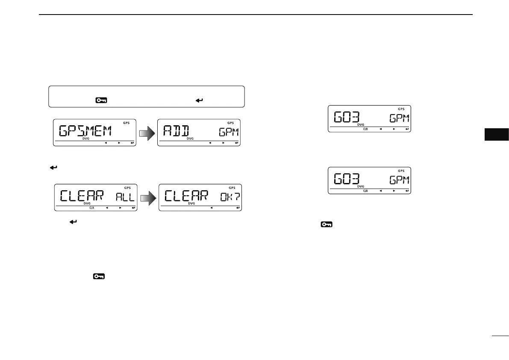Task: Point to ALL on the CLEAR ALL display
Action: tap(125, 197)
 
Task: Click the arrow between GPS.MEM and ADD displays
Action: tap(147, 134)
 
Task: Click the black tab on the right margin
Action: tap(497, 134)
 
